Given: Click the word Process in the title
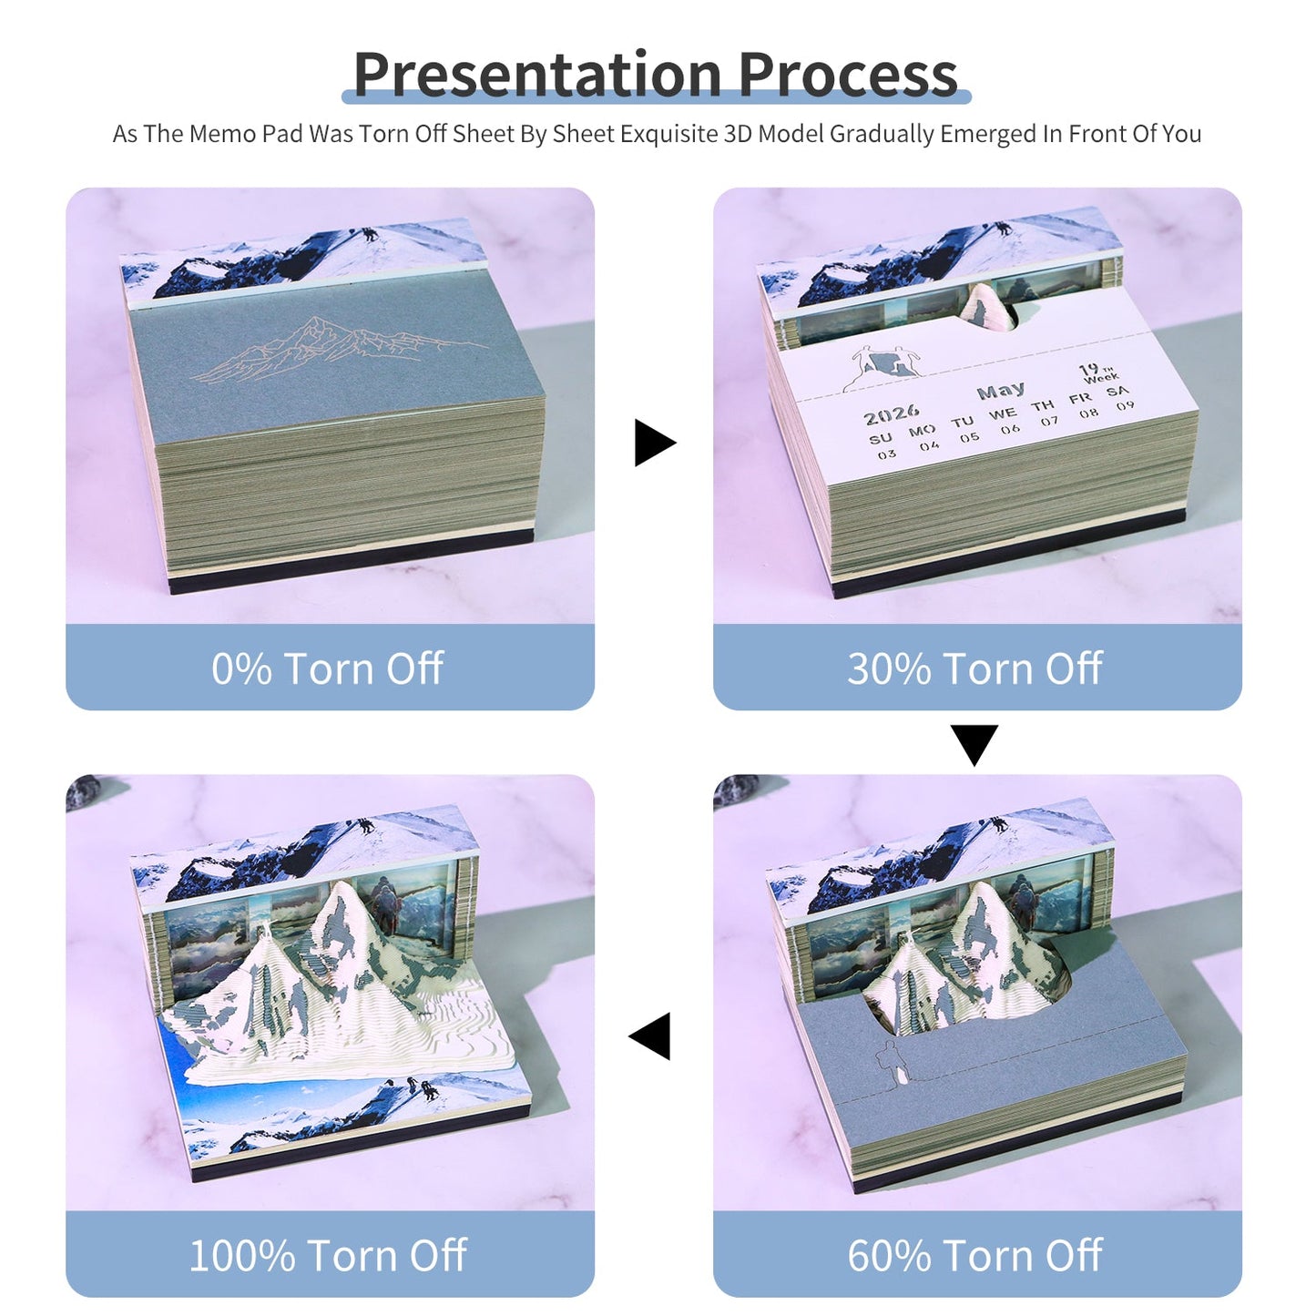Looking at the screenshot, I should point(848,75).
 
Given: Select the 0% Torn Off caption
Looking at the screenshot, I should point(328,668).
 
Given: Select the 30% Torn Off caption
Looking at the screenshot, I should point(975,668).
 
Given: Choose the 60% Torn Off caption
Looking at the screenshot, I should point(975,1255).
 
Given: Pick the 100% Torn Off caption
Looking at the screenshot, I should point(328,1255).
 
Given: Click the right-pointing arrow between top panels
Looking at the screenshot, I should point(654,443).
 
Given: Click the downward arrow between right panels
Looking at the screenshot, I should point(974,743).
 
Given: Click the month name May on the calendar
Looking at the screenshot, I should point(1000,392).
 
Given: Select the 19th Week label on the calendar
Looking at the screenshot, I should point(1098,373).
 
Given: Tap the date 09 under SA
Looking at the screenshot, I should point(1126,405).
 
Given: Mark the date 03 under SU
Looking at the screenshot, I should point(886,454).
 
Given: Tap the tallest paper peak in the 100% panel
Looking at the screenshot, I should point(343,920).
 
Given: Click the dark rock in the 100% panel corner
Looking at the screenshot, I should point(87,790).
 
